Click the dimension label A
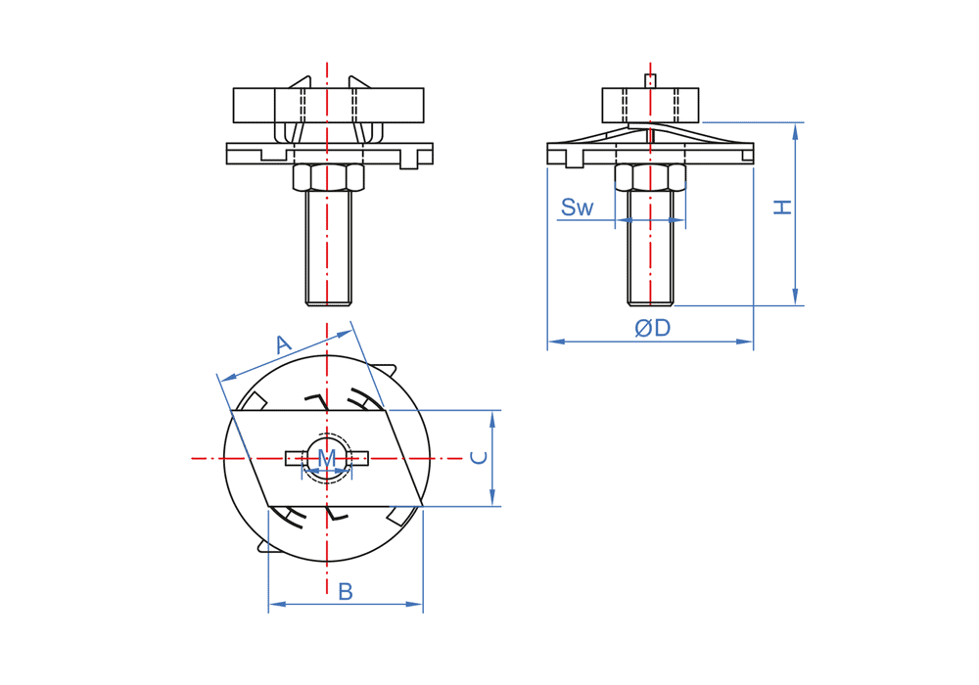point(284,343)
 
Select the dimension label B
point(346,591)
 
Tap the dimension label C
point(479,458)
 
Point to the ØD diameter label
point(652,328)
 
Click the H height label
point(782,207)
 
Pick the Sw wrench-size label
point(577,207)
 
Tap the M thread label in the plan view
point(327,458)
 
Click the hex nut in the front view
point(328,177)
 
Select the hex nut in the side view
point(650,177)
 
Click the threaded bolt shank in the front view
point(328,249)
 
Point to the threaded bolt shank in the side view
point(650,249)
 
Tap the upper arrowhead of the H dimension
point(795,130)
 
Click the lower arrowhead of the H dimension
point(795,297)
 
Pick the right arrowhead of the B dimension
point(414,604)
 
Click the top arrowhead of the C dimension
point(492,419)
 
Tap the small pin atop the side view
point(650,81)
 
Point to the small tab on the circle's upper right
point(386,369)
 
